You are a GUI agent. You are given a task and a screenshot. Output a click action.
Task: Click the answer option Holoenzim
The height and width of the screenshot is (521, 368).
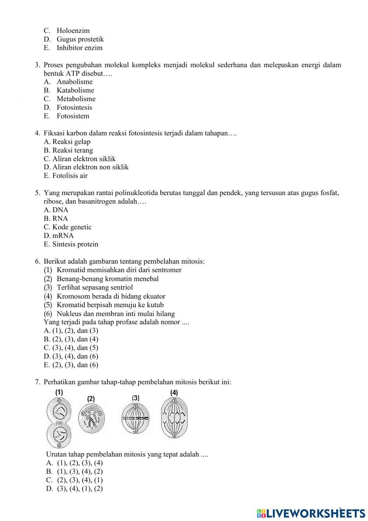coord(73,31)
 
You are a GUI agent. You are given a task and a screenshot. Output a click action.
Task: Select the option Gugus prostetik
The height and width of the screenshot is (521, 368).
coord(80,39)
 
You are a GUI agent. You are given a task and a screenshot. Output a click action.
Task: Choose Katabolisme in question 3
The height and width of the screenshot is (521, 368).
coord(75,90)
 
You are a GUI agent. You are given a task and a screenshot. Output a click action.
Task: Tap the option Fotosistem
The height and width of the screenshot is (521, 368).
coord(72,116)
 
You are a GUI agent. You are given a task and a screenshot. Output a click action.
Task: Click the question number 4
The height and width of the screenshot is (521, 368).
coord(37,133)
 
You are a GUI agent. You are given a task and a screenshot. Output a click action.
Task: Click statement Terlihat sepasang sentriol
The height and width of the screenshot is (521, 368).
coord(95,288)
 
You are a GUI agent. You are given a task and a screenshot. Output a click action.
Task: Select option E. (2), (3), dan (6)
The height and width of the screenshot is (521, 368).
coord(71,365)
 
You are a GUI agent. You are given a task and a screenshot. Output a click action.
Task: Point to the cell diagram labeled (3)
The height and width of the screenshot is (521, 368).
coord(135,418)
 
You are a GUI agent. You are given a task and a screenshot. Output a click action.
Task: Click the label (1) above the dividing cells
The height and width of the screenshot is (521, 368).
coord(59,392)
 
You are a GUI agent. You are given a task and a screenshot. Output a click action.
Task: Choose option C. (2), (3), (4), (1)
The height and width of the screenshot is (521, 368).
coord(75,480)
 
